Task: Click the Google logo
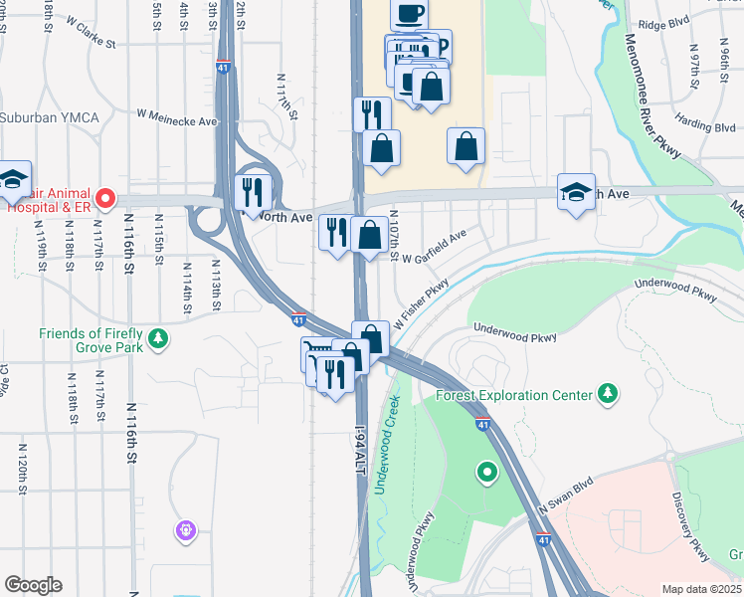pos(33,585)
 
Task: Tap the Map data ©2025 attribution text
pos(700,589)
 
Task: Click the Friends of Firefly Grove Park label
pos(92,341)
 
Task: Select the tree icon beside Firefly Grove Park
pos(158,341)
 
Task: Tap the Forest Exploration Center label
pos(514,395)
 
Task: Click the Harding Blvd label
pos(703,126)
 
